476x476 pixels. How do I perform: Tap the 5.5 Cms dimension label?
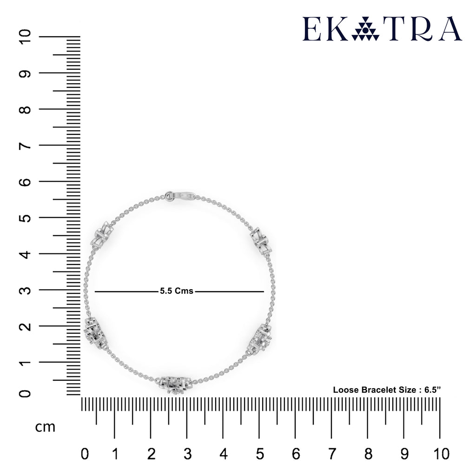pyautogui.click(x=176, y=291)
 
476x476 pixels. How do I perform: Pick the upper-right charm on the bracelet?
pyautogui.click(x=261, y=240)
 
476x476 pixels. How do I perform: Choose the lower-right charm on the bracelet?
pyautogui.click(x=261, y=339)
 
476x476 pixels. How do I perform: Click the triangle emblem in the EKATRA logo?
pyautogui.click(x=365, y=29)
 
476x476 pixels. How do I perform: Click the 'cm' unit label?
pyautogui.click(x=45, y=427)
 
